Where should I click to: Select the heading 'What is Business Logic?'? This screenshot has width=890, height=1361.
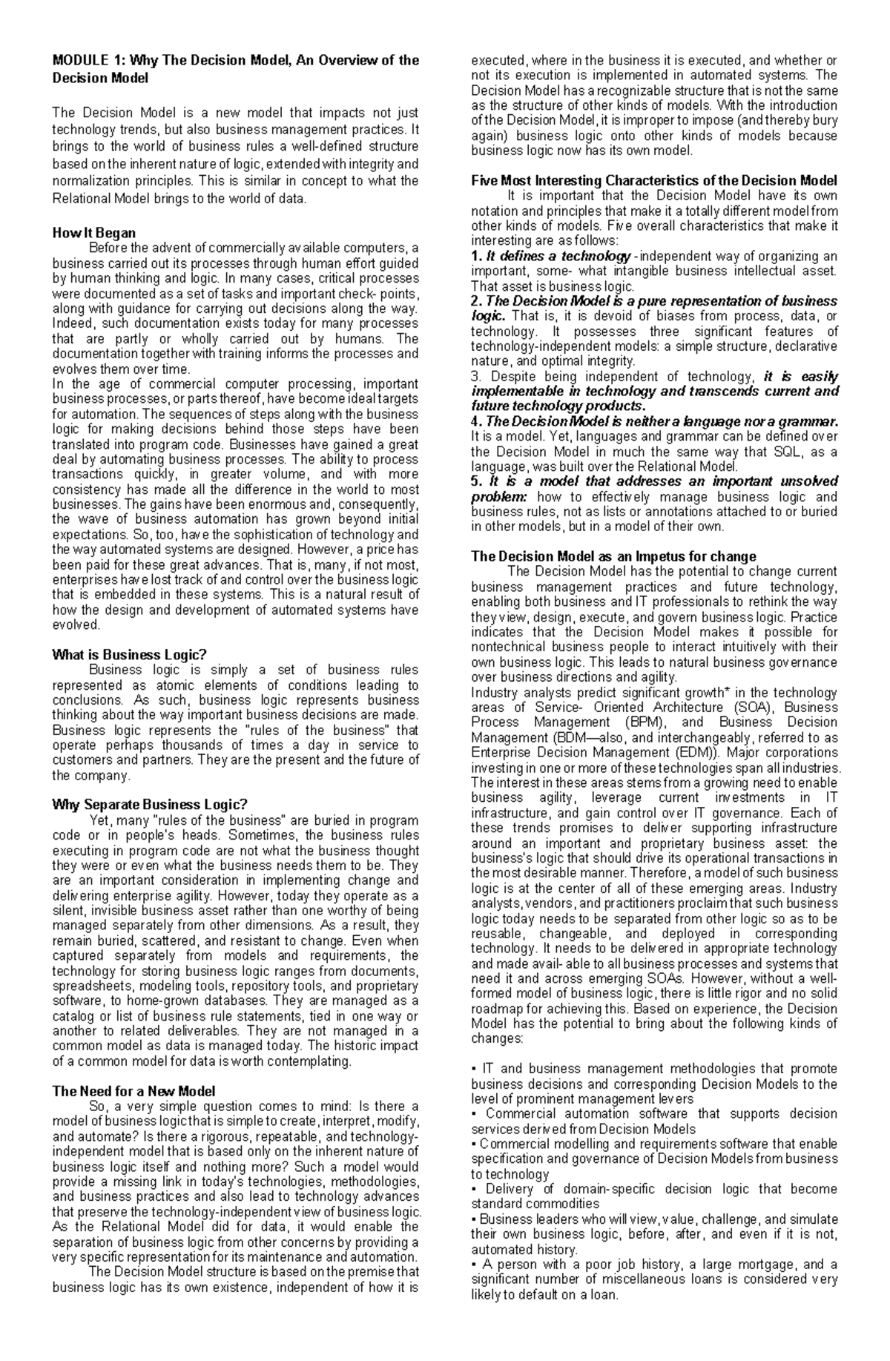point(129,655)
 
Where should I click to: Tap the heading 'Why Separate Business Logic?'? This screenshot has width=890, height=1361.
point(149,805)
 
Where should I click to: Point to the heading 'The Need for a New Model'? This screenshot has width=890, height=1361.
point(133,1091)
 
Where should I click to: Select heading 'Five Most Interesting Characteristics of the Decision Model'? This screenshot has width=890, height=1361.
point(654,181)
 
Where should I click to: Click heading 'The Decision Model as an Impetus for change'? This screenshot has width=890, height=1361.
point(613,556)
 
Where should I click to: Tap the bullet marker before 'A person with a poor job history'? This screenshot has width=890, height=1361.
point(474,1264)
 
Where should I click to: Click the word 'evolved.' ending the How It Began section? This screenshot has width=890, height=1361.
point(76,625)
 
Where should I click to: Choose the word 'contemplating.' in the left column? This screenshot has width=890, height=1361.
point(310,1061)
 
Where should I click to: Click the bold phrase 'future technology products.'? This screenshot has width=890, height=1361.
point(558,406)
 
